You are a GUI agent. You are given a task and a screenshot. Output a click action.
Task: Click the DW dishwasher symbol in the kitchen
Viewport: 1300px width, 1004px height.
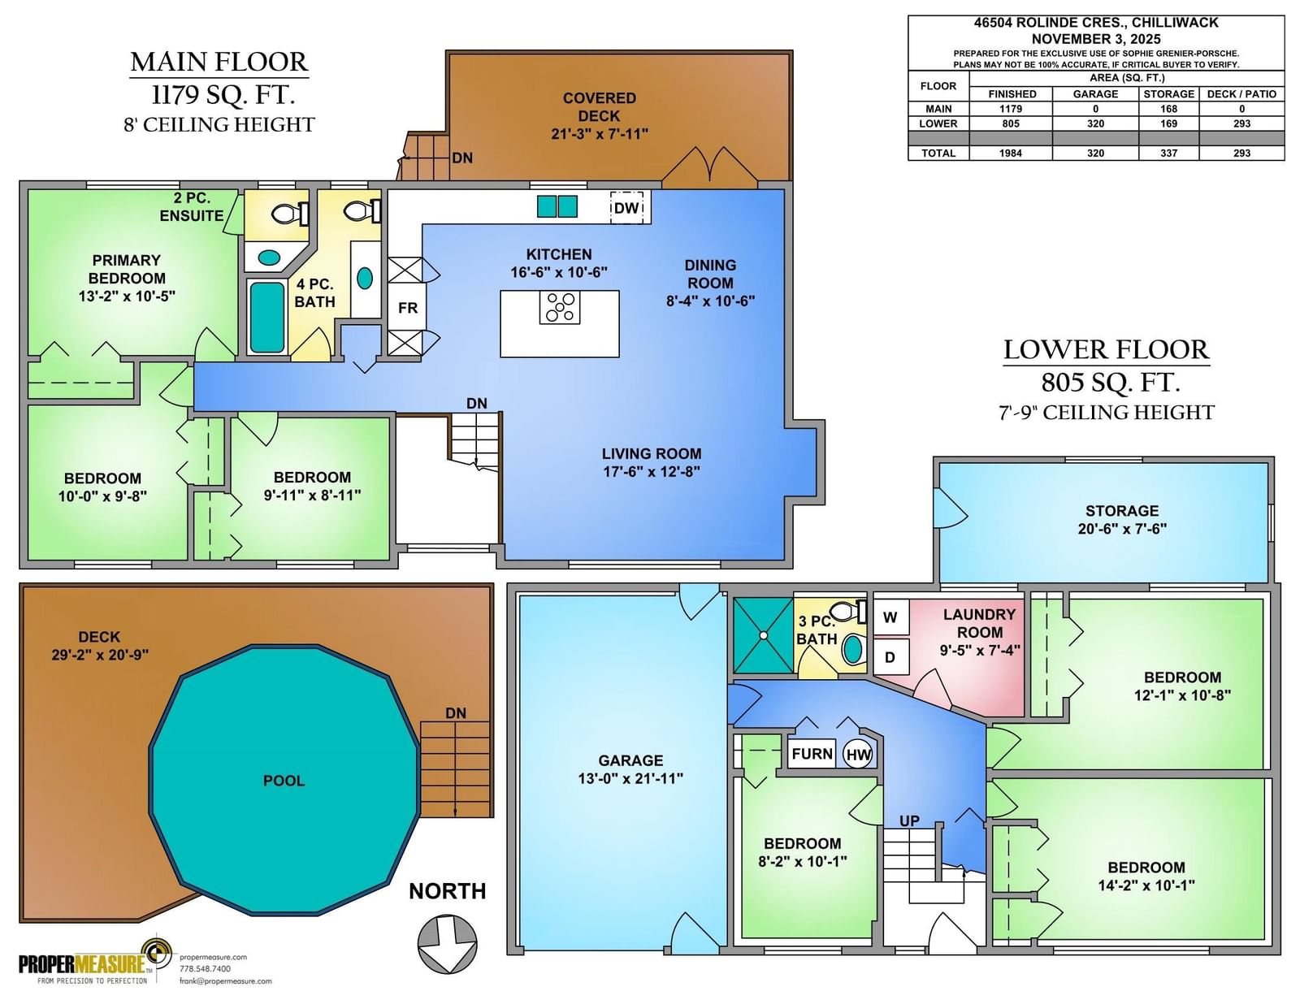[x=626, y=207]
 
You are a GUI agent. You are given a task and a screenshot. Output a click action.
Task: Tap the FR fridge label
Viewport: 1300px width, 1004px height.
[x=407, y=308]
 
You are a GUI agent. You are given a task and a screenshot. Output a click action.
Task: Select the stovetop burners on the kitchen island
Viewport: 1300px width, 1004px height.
[x=559, y=308]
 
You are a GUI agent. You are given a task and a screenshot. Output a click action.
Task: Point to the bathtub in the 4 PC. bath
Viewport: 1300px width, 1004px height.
[x=266, y=318]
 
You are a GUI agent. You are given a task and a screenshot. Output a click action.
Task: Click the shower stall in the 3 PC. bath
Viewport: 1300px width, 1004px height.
[x=764, y=635]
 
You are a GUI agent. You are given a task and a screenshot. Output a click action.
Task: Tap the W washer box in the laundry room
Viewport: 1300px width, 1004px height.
[x=890, y=617]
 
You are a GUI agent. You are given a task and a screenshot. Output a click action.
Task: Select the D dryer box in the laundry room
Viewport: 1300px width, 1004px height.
[x=890, y=657]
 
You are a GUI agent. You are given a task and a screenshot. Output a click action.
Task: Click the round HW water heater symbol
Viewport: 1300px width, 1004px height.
[x=858, y=755]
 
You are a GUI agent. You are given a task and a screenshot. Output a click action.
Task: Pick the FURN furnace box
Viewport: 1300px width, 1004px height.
[x=811, y=754]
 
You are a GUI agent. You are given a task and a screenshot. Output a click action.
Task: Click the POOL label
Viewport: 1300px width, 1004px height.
[x=284, y=781]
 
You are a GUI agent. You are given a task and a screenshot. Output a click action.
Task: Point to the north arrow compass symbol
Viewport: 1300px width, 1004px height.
[x=448, y=944]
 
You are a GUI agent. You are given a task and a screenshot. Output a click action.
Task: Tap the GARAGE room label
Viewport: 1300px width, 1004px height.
[x=630, y=760]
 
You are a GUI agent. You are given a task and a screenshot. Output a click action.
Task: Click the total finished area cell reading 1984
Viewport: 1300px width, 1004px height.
[x=1011, y=153]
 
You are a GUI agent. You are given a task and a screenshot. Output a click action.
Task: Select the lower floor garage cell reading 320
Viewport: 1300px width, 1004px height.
[x=1095, y=123]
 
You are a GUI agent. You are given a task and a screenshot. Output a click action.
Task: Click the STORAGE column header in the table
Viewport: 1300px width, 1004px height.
[x=1169, y=94]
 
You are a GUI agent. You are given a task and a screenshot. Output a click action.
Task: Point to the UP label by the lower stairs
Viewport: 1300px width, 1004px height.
[x=909, y=821]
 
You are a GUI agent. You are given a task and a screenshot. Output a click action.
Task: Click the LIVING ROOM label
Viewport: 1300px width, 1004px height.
[x=652, y=454]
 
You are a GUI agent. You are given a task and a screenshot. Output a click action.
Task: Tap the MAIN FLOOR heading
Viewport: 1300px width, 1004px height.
[x=219, y=63]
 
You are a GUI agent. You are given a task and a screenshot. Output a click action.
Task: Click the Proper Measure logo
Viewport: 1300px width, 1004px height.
[x=96, y=963]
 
